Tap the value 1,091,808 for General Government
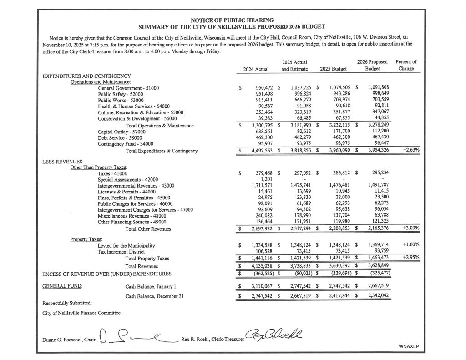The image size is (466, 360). pyautogui.click(x=375, y=88)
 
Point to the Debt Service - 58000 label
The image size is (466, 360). pyautogui.click(x=120, y=137)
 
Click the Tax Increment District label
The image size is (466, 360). pyautogui.click(x=122, y=251)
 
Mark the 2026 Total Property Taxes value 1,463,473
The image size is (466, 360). pyautogui.click(x=375, y=258)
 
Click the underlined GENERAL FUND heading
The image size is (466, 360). pyautogui.click(x=59, y=287)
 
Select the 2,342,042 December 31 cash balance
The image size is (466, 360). pyautogui.click(x=375, y=296)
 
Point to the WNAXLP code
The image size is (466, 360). pyautogui.click(x=408, y=346)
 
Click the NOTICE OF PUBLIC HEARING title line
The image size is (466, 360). pyautogui.click(x=232, y=20)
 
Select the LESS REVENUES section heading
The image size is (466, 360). pyautogui.click(x=62, y=161)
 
